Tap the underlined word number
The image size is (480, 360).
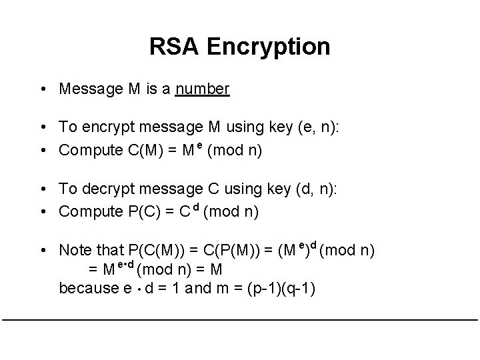point(203,89)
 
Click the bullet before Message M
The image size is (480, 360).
point(42,89)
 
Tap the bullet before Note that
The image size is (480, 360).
point(42,251)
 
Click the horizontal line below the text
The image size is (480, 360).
point(240,320)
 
